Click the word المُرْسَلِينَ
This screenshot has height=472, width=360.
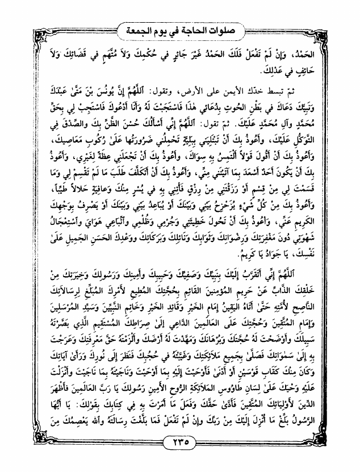(46, 303)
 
